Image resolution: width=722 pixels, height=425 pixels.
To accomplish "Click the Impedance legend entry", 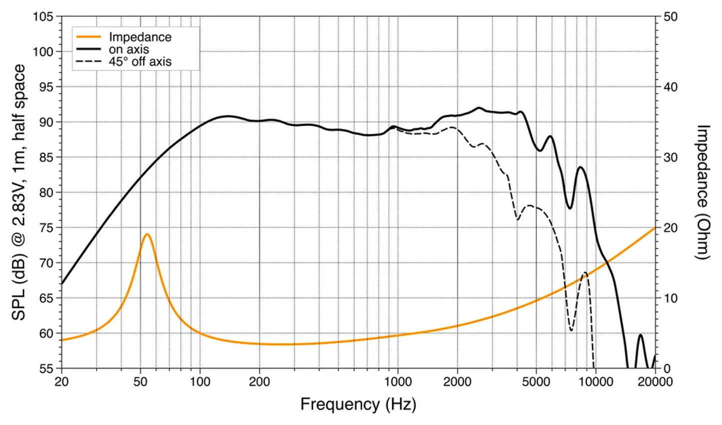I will [140, 37].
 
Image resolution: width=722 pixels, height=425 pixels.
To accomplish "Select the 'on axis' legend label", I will [129, 49].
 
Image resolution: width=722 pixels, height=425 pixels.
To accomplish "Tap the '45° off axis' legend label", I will [140, 62].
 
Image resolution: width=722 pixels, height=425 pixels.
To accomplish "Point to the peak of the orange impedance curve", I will [147, 234].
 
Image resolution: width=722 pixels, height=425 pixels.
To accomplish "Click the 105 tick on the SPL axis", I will [43, 17].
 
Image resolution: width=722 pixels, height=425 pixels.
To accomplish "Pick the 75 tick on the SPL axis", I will [46, 228].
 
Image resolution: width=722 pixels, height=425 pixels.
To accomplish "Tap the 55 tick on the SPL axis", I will [46, 368].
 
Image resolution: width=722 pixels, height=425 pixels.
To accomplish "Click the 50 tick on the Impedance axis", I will [671, 17].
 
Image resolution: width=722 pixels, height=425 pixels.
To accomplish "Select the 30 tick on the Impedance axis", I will [671, 157].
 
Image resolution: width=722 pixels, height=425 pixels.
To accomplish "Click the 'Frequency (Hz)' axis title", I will [358, 404].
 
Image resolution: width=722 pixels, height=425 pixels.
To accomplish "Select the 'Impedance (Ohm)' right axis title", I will [703, 192].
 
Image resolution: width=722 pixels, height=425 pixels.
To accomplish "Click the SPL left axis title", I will [19, 192].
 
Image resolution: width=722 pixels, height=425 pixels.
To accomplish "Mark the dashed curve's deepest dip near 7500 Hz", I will [571, 330].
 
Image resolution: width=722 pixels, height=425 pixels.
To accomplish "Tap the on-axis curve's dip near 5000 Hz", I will [540, 150].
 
